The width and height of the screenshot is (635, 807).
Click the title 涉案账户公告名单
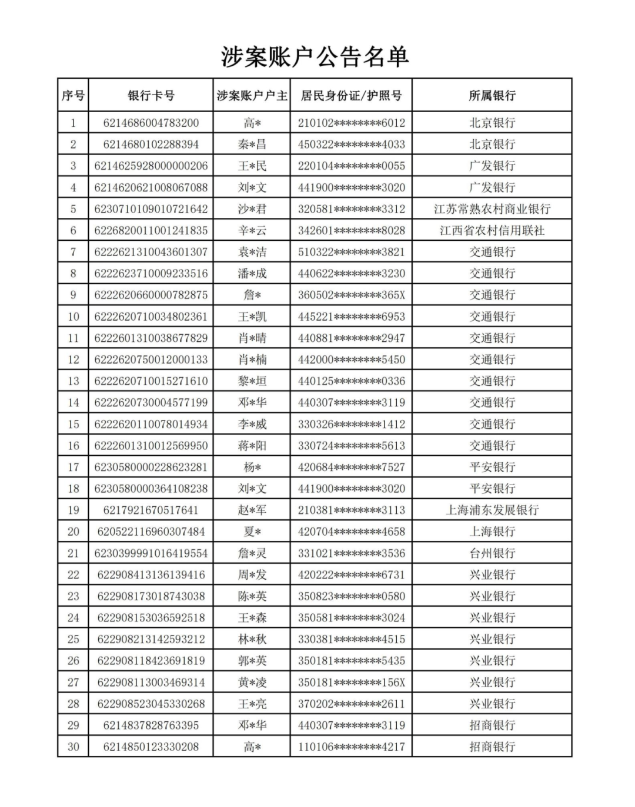click(315, 57)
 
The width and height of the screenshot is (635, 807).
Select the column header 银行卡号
click(151, 95)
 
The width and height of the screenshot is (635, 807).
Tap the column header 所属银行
click(492, 95)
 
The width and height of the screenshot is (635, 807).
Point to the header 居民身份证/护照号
click(351, 95)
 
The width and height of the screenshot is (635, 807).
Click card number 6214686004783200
click(151, 123)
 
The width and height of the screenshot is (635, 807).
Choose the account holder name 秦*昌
click(252, 144)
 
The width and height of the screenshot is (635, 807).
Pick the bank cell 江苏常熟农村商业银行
click(492, 209)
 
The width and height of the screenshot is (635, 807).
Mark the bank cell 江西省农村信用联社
click(492, 230)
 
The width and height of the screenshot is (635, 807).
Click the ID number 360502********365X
click(351, 295)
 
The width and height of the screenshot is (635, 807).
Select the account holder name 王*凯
click(252, 317)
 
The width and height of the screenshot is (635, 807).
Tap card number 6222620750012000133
click(151, 359)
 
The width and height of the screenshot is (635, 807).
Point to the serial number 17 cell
click(73, 467)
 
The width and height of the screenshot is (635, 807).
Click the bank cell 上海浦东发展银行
click(492, 510)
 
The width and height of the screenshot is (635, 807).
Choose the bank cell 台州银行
click(492, 553)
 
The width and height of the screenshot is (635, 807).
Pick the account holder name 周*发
click(252, 574)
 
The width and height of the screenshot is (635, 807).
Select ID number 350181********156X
click(351, 682)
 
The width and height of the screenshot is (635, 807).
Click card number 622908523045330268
click(151, 704)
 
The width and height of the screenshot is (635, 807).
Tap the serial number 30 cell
click(73, 747)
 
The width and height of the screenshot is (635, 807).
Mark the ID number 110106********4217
click(351, 747)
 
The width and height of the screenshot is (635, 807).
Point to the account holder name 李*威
click(252, 424)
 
